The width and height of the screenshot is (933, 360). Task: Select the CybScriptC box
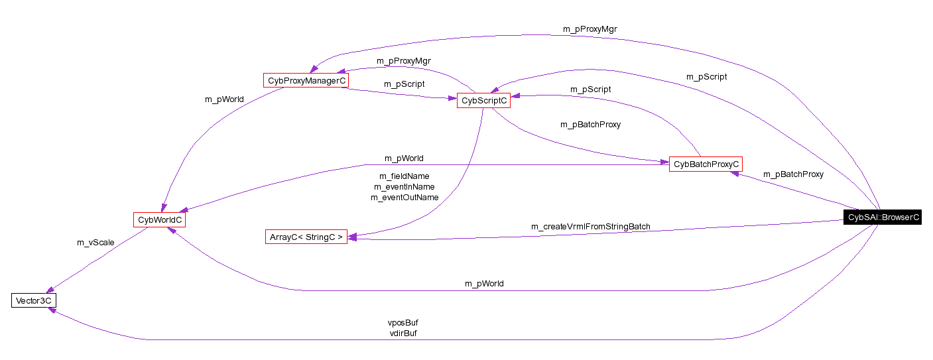(483, 100)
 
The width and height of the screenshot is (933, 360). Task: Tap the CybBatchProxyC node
(705, 164)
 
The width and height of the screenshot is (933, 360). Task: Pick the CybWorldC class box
(159, 219)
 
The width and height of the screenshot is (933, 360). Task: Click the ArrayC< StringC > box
(306, 237)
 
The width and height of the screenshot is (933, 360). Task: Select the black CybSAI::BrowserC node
(882, 217)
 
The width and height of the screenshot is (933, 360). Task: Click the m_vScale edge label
(95, 242)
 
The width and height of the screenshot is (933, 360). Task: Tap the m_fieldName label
(404, 176)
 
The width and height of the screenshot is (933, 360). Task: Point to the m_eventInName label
(404, 186)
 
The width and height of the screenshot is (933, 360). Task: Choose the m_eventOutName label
(404, 197)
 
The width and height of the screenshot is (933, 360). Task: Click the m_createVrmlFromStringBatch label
(590, 226)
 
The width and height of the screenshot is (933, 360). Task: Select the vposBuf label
(403, 322)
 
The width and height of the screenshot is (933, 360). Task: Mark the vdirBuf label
(403, 333)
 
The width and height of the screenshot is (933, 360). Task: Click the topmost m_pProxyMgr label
(590, 29)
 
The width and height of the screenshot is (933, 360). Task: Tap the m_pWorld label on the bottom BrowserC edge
(483, 283)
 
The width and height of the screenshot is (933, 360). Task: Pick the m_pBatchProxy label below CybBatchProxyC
(793, 174)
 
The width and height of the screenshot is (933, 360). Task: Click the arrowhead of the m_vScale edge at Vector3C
(48, 290)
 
